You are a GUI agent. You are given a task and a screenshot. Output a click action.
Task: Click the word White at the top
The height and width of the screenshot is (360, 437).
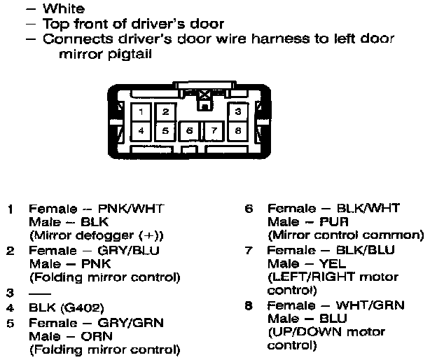(64, 10)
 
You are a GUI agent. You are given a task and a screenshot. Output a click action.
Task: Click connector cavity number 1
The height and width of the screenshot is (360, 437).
(141, 112)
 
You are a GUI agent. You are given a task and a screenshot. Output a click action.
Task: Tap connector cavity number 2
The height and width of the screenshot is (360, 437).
(165, 112)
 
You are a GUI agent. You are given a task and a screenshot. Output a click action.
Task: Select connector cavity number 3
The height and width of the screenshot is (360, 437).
(238, 112)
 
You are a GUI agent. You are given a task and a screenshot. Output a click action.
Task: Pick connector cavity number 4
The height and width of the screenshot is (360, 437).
(141, 130)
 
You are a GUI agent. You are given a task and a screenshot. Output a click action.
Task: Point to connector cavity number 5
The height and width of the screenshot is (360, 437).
(165, 130)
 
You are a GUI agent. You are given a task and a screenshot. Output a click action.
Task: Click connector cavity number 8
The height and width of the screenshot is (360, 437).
(238, 130)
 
